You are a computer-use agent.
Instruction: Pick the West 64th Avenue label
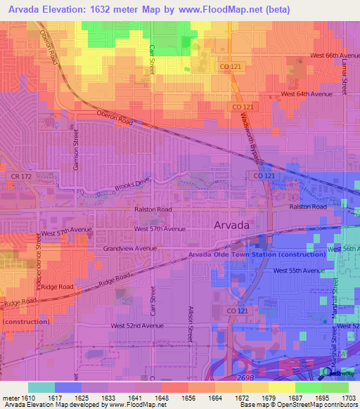point(307,93)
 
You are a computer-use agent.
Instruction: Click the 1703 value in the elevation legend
point(349,397)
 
